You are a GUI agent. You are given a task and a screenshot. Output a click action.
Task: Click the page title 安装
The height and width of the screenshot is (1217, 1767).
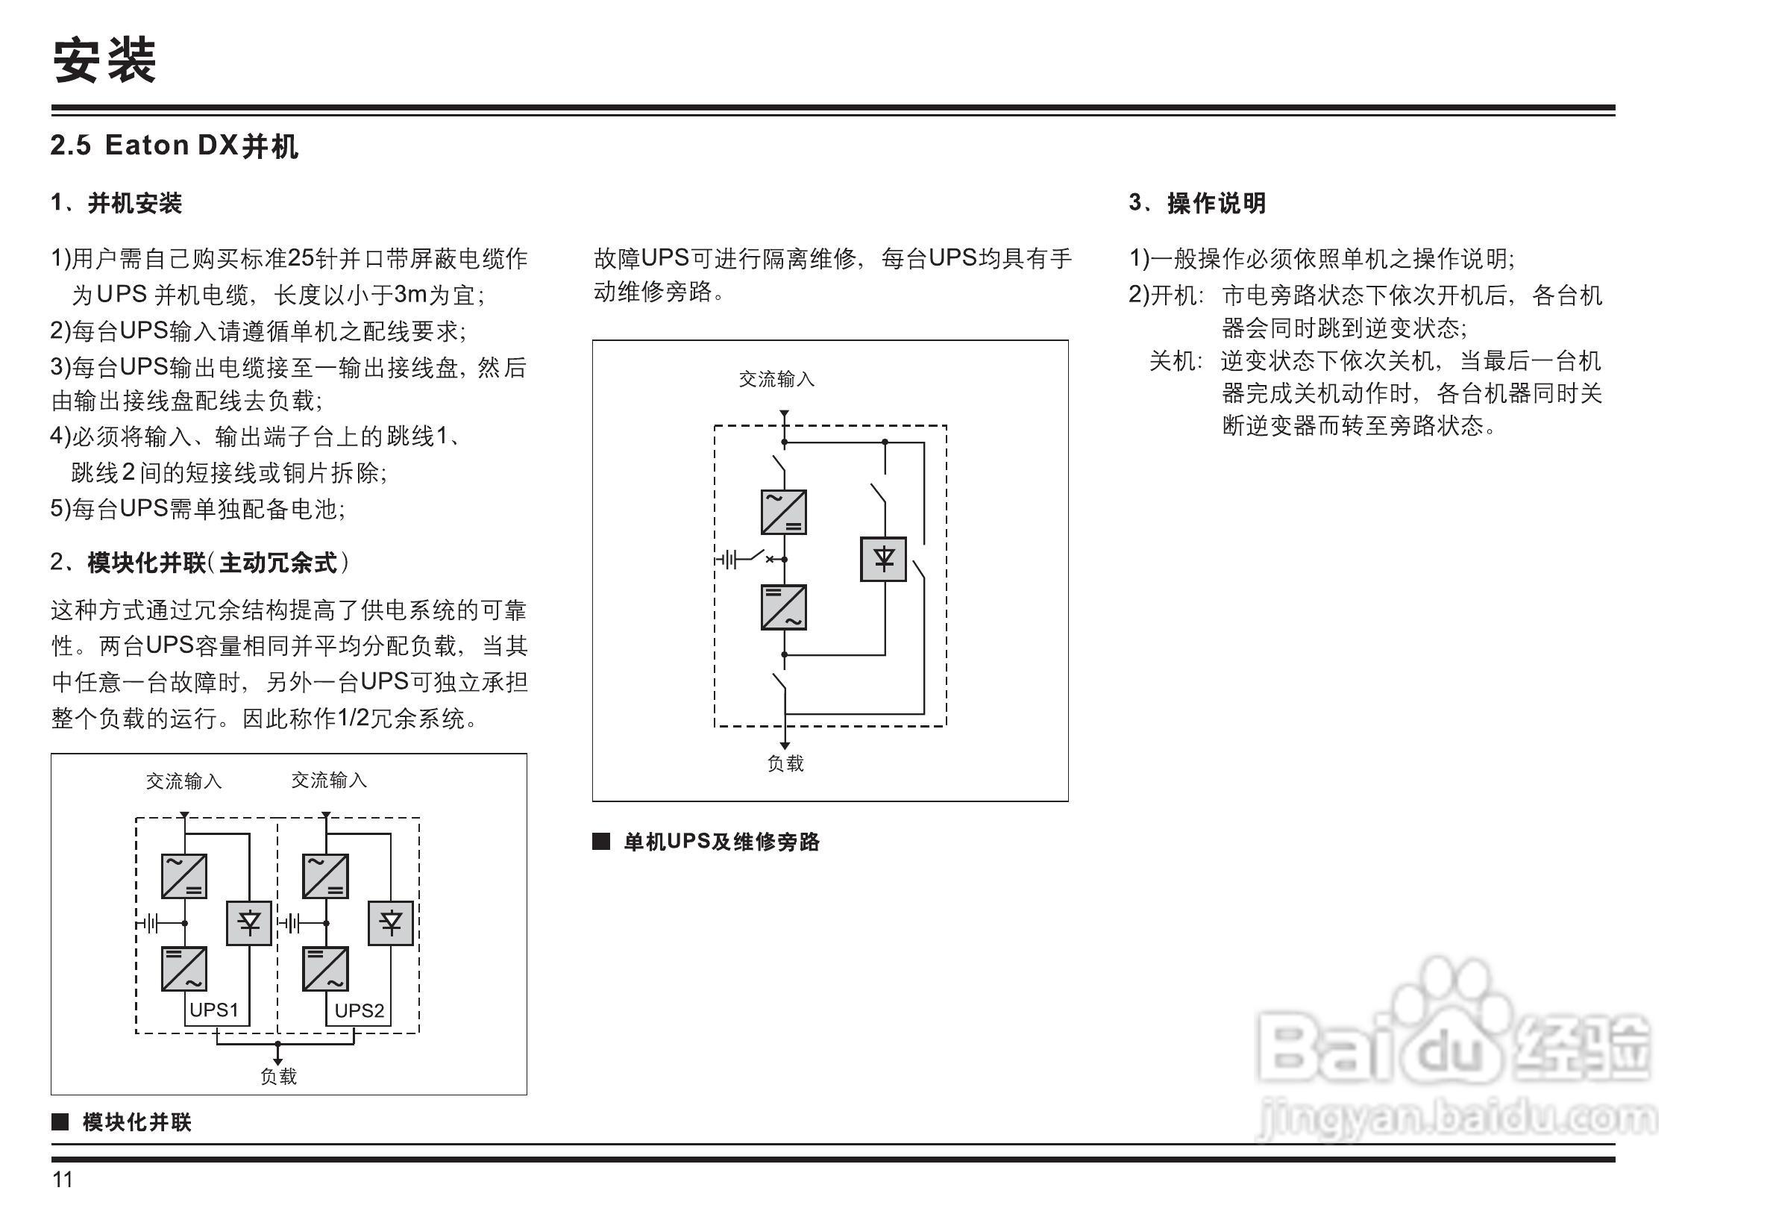click(104, 61)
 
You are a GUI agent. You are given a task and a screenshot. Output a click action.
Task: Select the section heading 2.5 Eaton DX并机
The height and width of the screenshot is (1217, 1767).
click(174, 145)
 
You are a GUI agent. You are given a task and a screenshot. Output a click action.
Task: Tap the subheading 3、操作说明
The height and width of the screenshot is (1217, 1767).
click(1197, 203)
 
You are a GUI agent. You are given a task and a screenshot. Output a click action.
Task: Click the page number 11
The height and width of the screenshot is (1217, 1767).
click(63, 1180)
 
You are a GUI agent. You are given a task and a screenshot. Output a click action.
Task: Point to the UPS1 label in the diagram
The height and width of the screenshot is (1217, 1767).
click(213, 1010)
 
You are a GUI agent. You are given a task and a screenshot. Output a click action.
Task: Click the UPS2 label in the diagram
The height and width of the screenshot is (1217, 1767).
click(359, 1010)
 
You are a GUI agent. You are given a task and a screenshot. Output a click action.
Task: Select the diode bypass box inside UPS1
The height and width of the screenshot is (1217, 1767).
click(249, 924)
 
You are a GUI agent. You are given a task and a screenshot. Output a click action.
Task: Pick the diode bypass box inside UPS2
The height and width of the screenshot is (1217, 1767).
click(391, 924)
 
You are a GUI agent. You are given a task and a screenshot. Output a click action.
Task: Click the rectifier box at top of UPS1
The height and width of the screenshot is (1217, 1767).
click(183, 876)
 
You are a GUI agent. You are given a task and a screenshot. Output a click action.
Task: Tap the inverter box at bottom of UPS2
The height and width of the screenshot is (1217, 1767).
click(325, 969)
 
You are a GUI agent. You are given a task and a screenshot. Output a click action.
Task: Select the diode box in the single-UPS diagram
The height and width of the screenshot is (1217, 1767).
click(883, 560)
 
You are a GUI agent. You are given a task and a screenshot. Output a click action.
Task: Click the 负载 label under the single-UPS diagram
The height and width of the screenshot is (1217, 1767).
click(785, 763)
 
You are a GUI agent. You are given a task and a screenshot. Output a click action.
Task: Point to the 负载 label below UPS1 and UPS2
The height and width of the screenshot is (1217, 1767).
click(278, 1076)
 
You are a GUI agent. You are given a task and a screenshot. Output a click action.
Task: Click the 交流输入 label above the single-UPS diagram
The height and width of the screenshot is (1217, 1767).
click(776, 379)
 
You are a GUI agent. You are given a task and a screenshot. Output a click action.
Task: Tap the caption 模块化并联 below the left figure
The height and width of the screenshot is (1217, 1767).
click(136, 1121)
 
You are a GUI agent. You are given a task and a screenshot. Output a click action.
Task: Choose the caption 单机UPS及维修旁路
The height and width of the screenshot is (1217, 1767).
click(721, 842)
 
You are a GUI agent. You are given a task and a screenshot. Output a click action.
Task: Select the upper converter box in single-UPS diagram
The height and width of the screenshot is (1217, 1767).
click(784, 513)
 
